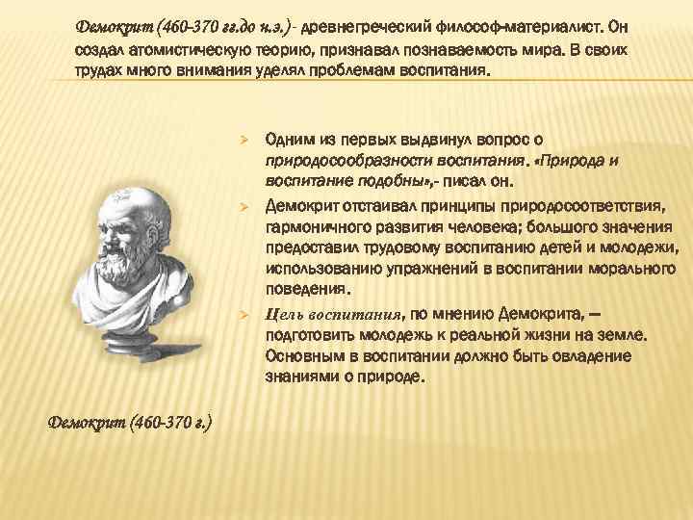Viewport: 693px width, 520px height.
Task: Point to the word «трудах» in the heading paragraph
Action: click(x=98, y=71)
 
